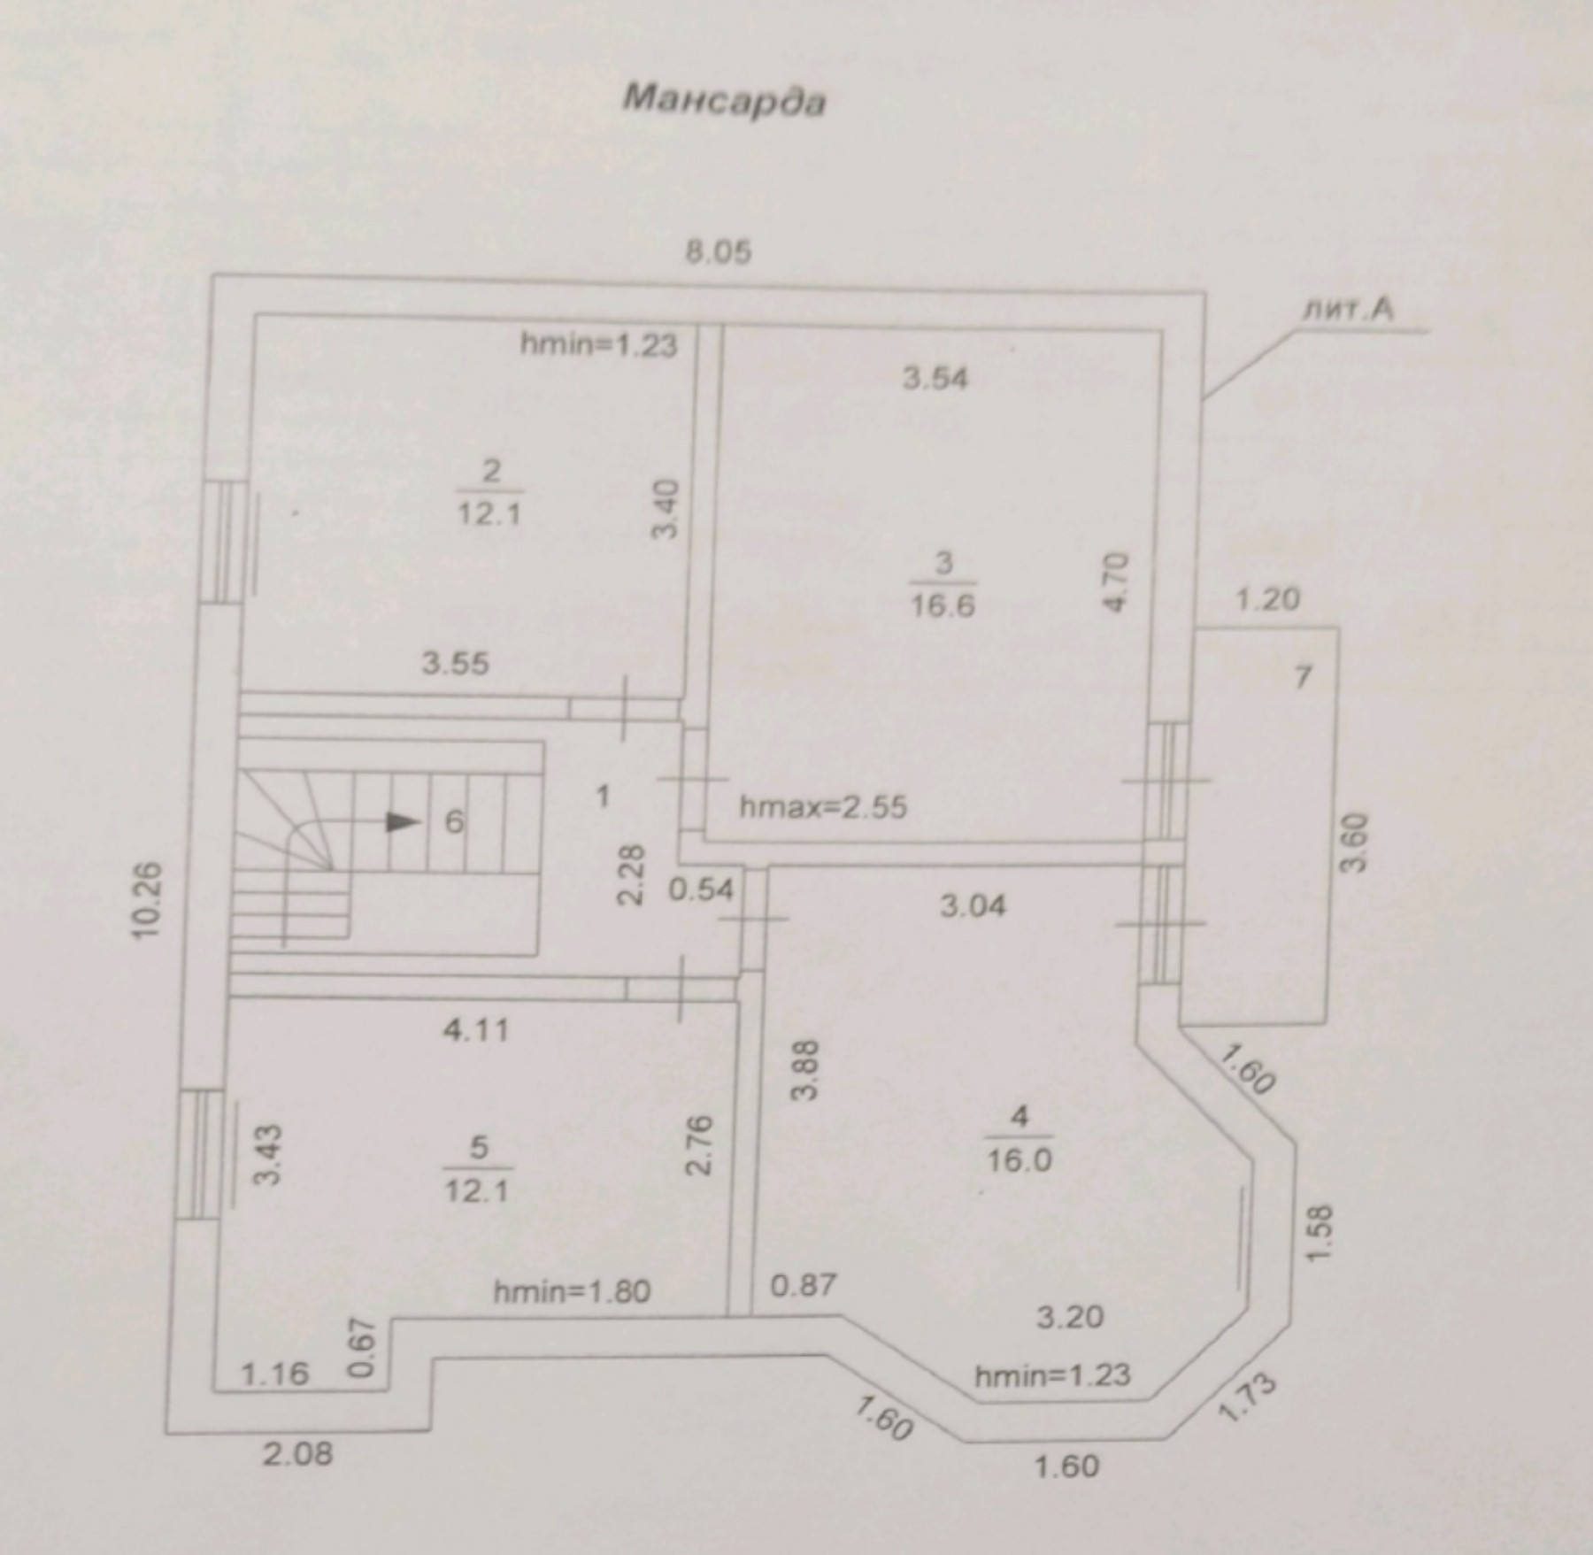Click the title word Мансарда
[724, 100]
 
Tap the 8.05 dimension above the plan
[719, 253]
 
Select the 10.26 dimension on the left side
[150, 900]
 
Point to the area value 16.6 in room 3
[943, 607]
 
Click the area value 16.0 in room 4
[1020, 1159]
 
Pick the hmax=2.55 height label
[823, 807]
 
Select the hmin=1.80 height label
[572, 1291]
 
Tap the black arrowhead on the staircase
[403, 822]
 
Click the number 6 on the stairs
[453, 822]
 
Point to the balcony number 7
[1302, 678]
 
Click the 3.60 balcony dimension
[1354, 843]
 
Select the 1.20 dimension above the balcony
[1267, 601]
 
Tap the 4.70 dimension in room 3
[1118, 581]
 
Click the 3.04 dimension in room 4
[973, 905]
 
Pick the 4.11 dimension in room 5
[476, 1030]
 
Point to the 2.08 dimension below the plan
[298, 1454]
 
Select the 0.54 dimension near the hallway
[701, 889]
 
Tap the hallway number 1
[603, 797]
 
